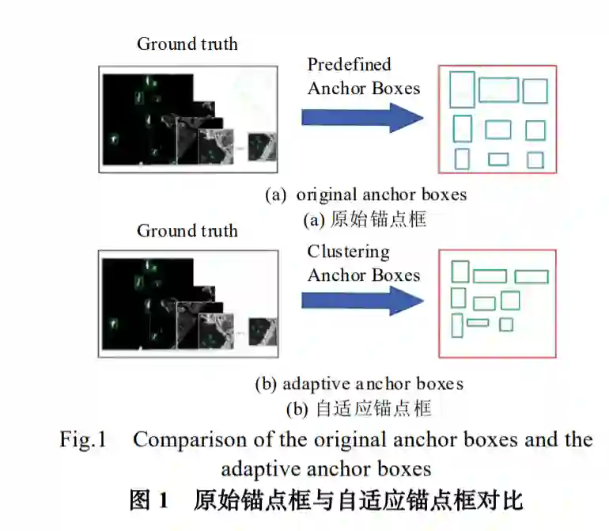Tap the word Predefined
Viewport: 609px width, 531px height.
349,64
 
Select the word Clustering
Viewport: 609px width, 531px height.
349,252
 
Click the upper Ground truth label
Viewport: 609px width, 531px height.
187,44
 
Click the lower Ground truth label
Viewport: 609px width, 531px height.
187,231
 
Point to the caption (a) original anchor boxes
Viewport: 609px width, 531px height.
365,195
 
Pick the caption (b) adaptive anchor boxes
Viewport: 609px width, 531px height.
358,384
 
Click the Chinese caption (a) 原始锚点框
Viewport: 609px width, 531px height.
365,219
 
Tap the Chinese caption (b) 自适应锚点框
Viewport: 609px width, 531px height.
358,408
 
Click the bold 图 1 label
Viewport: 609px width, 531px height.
149,500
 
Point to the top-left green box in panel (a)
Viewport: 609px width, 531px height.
462,89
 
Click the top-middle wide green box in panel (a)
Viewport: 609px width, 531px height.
498,90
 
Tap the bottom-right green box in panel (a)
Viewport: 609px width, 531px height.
535,160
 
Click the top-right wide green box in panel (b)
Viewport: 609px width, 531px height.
531,276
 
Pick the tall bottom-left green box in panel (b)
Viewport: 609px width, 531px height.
457,325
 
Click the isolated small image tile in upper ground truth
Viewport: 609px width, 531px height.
261,147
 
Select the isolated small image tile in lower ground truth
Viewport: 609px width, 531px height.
262,331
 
